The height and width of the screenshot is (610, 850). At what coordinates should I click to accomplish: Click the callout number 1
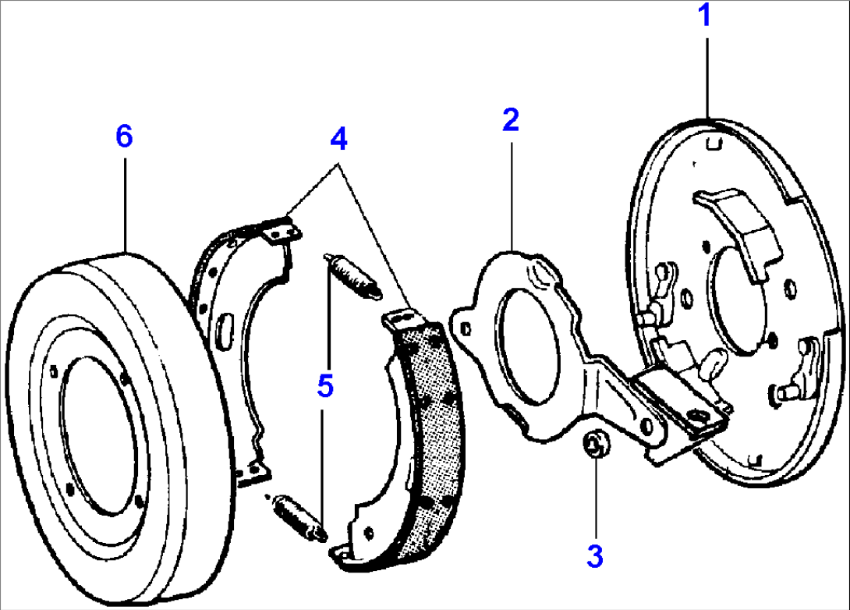(x=705, y=16)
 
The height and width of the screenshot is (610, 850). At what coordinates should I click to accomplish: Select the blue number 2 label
(x=510, y=120)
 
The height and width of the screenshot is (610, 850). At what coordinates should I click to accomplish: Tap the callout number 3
(x=595, y=555)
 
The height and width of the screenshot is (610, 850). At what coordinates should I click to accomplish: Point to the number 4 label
(x=338, y=139)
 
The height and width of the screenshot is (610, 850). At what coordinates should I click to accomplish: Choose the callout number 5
(x=325, y=385)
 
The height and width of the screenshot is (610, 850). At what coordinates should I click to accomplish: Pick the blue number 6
(x=124, y=136)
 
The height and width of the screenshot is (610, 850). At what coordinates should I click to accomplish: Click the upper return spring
(x=352, y=275)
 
